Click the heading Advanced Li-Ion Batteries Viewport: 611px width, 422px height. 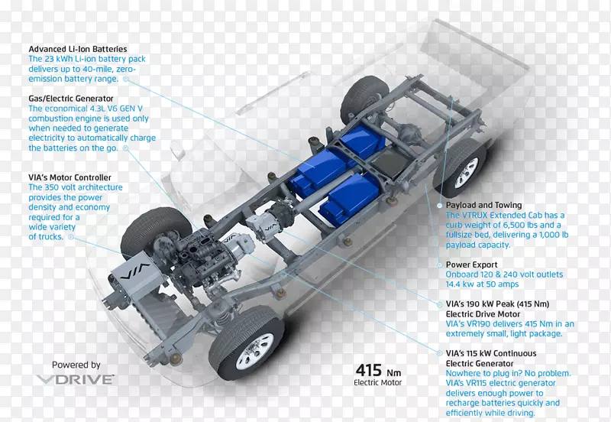[x=78, y=49]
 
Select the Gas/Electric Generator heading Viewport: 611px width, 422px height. [x=71, y=99]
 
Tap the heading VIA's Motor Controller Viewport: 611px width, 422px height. [x=70, y=177]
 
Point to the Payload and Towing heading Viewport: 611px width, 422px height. [x=483, y=205]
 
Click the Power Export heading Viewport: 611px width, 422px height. [x=471, y=265]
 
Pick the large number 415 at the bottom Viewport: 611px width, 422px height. [x=368, y=370]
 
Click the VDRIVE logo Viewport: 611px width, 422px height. [x=76, y=379]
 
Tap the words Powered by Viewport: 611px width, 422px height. [x=76, y=365]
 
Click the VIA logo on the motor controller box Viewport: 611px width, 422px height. [x=135, y=271]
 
